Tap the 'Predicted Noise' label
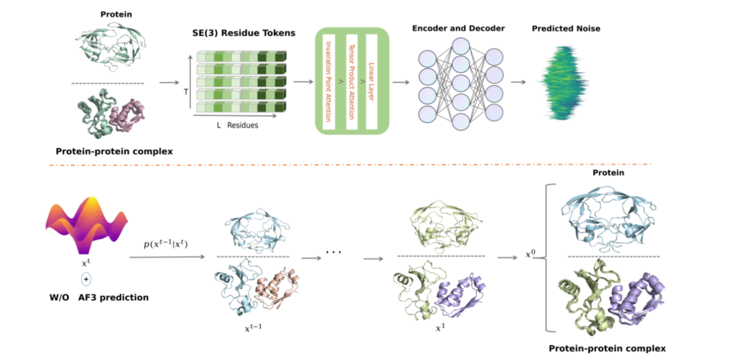(566, 29)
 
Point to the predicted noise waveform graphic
(567, 81)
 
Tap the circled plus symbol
(86, 278)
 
